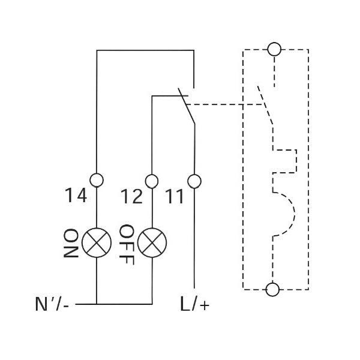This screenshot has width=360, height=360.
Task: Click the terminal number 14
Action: pyautogui.click(x=76, y=196)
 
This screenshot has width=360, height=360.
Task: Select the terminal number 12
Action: pyautogui.click(x=132, y=196)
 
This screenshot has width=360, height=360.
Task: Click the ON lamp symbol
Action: pyautogui.click(x=97, y=242)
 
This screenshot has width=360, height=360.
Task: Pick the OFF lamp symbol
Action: pyautogui.click(x=152, y=242)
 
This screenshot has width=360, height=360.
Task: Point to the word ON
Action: pyautogui.click(x=71, y=242)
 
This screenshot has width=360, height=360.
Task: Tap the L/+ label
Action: pyautogui.click(x=195, y=305)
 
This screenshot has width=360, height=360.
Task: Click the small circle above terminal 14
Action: pyautogui.click(x=97, y=180)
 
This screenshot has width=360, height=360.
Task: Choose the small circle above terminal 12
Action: pyautogui.click(x=152, y=180)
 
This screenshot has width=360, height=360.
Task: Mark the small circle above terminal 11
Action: pyautogui.click(x=194, y=180)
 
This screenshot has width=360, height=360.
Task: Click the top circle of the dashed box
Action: pyautogui.click(x=274, y=49)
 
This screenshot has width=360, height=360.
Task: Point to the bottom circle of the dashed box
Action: pyautogui.click(x=273, y=290)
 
